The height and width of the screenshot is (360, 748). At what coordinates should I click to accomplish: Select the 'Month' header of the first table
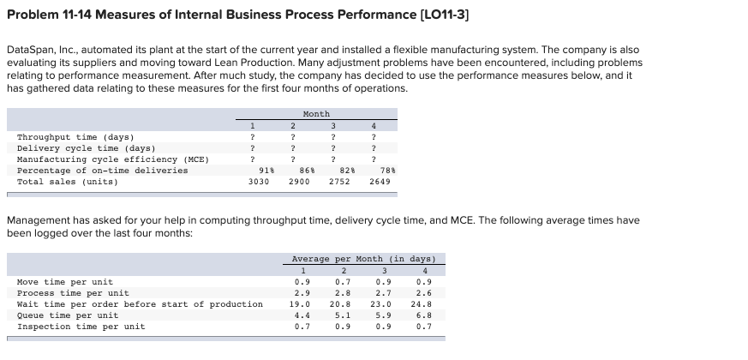(x=316, y=114)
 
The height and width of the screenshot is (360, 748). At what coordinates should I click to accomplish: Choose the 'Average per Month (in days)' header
(x=364, y=259)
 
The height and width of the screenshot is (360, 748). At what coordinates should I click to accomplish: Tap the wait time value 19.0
(x=301, y=304)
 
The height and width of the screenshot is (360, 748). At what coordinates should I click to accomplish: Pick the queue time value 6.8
(x=422, y=315)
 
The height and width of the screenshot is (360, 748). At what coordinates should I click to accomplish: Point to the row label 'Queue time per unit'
(x=68, y=315)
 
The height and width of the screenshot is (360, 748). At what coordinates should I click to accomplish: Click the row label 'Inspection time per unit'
(x=81, y=327)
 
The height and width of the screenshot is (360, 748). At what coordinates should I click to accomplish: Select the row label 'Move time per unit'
(x=64, y=282)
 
